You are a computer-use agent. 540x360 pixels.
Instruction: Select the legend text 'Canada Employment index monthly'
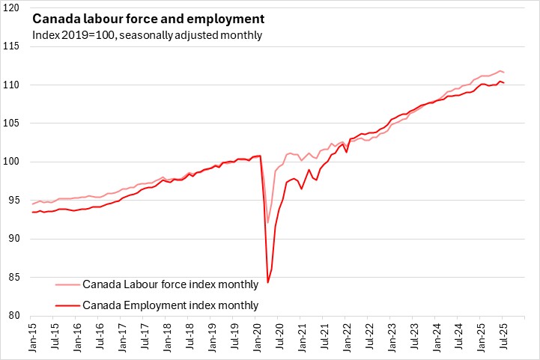click(x=170, y=305)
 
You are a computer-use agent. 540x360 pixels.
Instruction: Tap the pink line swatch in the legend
click(x=67, y=284)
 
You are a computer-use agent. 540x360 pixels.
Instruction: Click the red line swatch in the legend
click(x=67, y=305)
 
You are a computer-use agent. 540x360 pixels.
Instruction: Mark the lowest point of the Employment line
click(x=268, y=282)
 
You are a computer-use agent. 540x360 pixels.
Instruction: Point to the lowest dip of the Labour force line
click(x=268, y=222)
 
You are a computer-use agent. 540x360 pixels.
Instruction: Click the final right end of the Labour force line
click(x=503, y=72)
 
